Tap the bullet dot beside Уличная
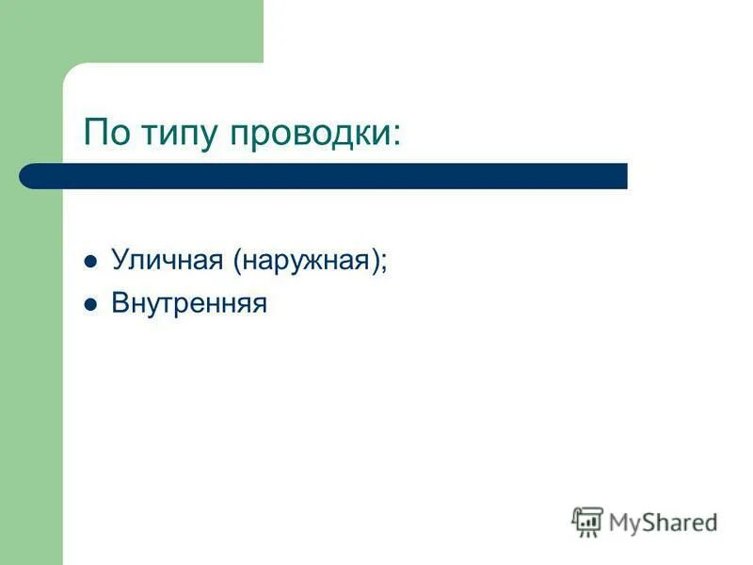tap(91, 261)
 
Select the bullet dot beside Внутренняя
tap(91, 304)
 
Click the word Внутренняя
tap(189, 304)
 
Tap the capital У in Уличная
tap(120, 261)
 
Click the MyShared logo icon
tap(587, 521)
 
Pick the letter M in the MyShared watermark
tap(620, 521)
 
